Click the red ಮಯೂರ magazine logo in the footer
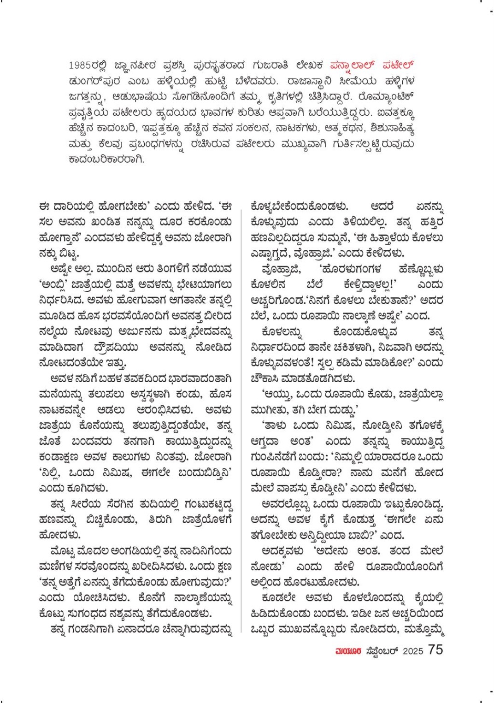(x=348, y=651)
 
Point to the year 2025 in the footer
(x=412, y=651)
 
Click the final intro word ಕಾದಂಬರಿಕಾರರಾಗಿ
(x=106, y=160)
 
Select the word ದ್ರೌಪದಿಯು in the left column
(x=111, y=348)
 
